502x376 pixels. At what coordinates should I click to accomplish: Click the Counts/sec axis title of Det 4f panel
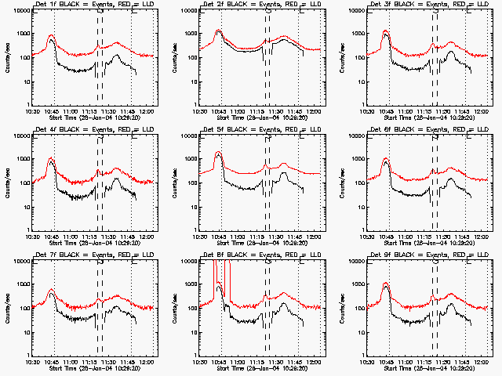coord(6,183)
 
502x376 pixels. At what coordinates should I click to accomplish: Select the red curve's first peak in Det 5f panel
coord(218,152)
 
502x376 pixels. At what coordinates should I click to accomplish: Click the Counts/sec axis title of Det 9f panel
coord(341,309)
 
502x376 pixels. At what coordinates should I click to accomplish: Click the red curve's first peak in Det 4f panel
coord(51,158)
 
